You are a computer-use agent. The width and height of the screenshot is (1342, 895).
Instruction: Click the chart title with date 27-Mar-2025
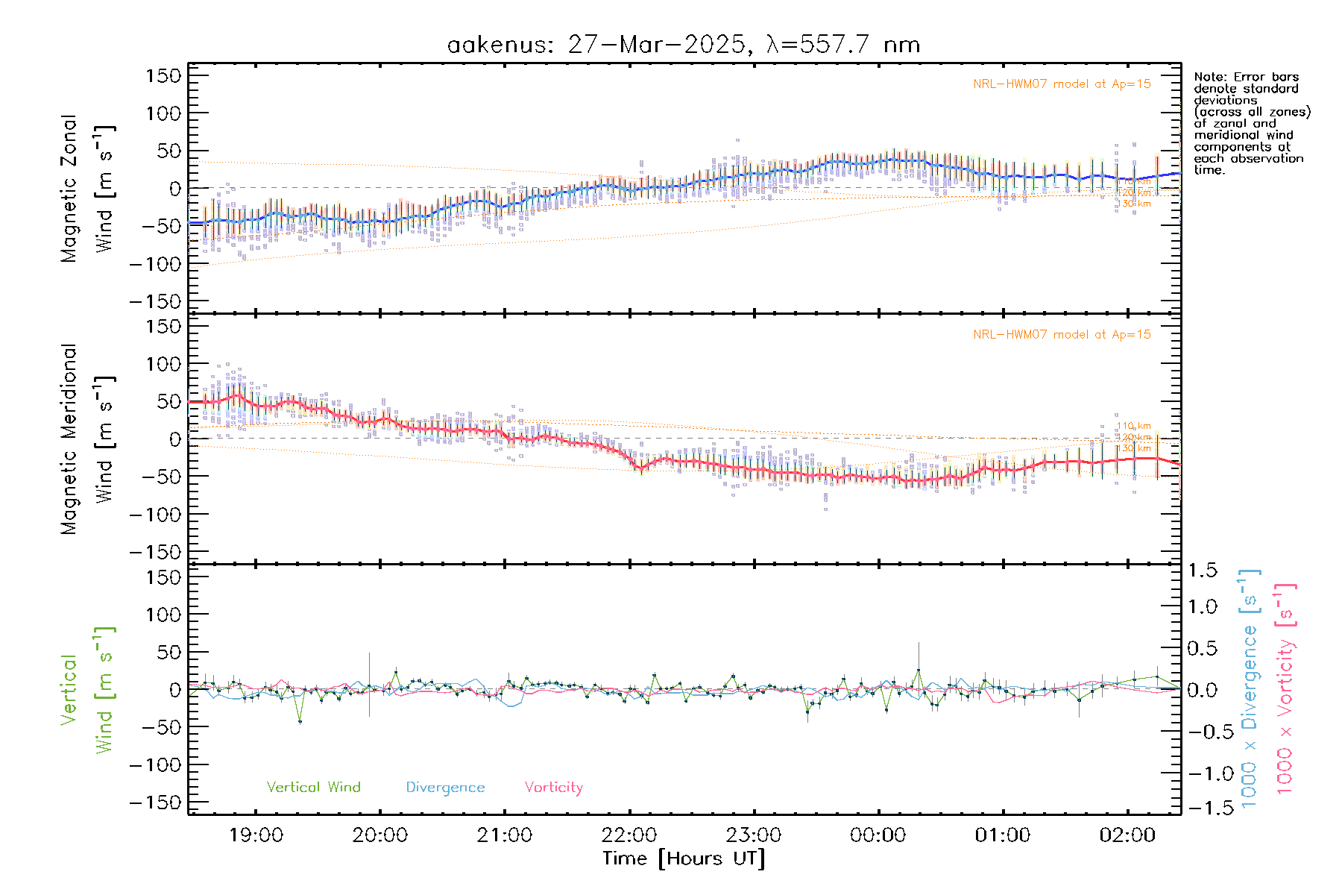point(683,45)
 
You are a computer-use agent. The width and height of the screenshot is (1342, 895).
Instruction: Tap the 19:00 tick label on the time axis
point(256,835)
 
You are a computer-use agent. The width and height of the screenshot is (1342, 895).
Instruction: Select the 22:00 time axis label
point(629,835)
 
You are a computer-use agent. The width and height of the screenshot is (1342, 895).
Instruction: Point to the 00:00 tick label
point(878,835)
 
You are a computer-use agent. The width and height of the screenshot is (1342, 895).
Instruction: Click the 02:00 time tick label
point(1127,835)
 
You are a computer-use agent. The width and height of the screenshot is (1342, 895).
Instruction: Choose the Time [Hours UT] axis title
point(683,858)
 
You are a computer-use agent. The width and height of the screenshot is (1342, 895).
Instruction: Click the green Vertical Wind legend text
point(313,787)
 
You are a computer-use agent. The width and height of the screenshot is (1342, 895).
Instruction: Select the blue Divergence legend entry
point(445,788)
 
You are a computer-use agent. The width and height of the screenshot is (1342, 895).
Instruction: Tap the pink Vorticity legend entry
point(553,787)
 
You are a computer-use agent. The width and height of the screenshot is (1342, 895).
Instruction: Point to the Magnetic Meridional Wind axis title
point(88,439)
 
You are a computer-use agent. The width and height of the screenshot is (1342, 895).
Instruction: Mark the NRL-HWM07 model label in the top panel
point(1062,84)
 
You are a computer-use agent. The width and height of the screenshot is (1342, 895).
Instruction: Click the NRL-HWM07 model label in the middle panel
point(1062,335)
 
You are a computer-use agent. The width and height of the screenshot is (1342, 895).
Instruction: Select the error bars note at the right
point(1251,123)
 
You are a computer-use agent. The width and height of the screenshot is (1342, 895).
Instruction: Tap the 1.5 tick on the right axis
point(1203,571)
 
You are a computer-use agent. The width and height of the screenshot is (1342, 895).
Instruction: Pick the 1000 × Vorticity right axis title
point(1285,688)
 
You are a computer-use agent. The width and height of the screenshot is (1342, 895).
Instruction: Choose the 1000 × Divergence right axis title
point(1250,688)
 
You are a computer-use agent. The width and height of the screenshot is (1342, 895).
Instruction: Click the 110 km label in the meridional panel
point(1133,427)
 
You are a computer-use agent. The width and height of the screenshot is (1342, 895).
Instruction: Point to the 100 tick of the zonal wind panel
point(165,113)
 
